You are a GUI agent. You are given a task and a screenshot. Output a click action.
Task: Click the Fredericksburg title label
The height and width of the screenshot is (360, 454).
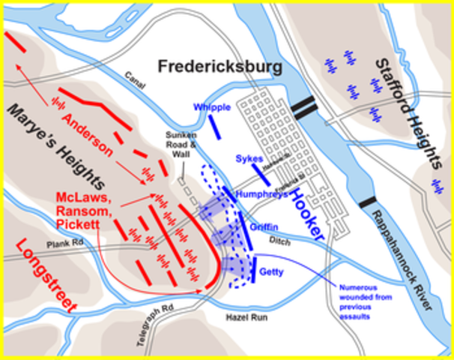coord(220,67)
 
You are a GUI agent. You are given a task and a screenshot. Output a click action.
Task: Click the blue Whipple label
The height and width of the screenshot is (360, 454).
coord(211,107)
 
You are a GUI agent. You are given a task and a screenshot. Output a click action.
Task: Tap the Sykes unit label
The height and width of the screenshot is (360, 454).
coord(249,159)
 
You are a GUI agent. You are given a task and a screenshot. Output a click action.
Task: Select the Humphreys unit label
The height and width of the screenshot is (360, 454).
coord(261,193)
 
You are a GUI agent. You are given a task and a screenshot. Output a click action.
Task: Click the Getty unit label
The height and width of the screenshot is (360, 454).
coord(270,272)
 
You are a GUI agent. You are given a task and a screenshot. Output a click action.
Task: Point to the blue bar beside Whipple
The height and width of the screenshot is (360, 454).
coord(215,126)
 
